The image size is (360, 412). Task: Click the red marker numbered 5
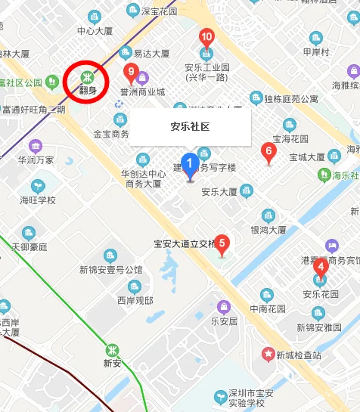(x=222, y=244)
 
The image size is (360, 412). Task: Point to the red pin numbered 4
(x=321, y=267)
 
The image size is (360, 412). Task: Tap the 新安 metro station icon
(x=112, y=350)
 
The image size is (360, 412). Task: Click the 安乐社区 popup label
(x=190, y=127)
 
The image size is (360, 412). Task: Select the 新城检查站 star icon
(x=267, y=354)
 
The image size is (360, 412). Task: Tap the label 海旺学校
(x=38, y=200)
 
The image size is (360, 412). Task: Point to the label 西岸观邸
(x=135, y=300)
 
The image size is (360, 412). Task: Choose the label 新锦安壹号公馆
(x=113, y=270)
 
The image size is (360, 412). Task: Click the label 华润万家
(x=36, y=160)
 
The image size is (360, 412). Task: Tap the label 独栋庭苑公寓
(x=290, y=99)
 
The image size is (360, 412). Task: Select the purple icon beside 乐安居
(x=224, y=306)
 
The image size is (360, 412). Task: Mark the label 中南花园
(x=268, y=308)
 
